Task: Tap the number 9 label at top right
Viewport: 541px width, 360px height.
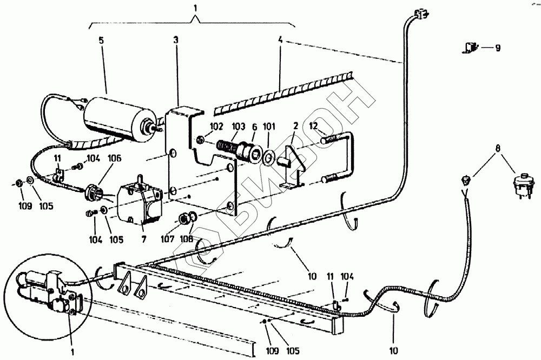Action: (498, 48)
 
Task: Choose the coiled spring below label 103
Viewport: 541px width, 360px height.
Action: (227, 146)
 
